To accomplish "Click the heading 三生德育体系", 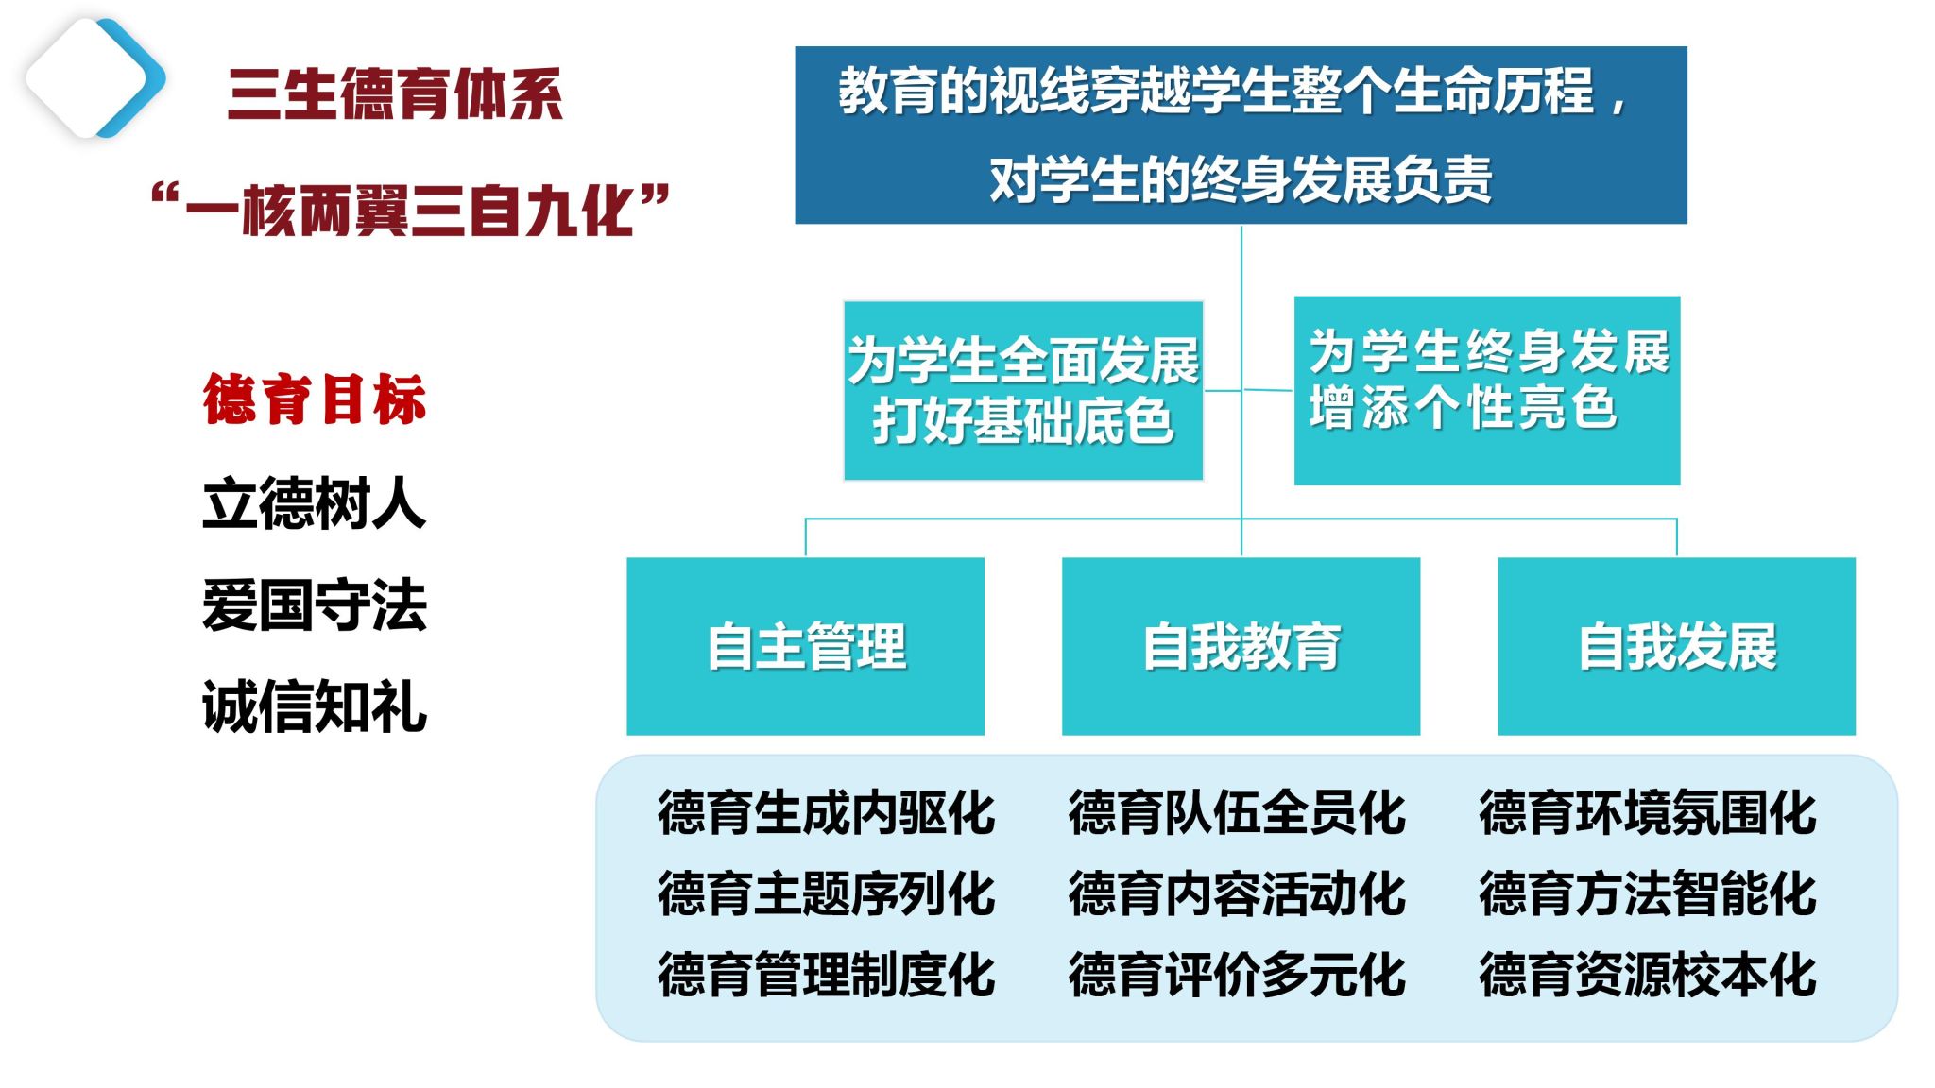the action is click(x=395, y=94).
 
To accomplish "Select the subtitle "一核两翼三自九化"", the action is click(x=410, y=209).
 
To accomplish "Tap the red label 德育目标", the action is click(x=315, y=399).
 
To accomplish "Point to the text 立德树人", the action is click(x=315, y=503).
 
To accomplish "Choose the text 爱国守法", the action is click(x=315, y=605).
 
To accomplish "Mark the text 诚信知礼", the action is click(x=315, y=706).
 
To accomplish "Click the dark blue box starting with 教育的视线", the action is click(x=1241, y=135).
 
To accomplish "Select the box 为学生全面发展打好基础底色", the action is click(x=1023, y=391).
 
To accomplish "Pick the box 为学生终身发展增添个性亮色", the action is click(x=1486, y=391).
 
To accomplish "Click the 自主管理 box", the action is click(x=806, y=646).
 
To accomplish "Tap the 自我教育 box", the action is click(x=1241, y=646).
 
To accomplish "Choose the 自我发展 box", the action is click(x=1676, y=646).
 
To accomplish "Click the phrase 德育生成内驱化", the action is click(x=827, y=813).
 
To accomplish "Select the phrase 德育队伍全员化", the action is click(x=1237, y=813).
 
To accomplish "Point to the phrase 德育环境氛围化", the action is click(x=1648, y=813).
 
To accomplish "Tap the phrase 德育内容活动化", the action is click(x=1237, y=893).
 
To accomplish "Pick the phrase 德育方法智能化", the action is click(x=1648, y=893).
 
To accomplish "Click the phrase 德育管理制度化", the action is click(x=827, y=975).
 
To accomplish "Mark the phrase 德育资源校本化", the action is click(x=1648, y=975).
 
